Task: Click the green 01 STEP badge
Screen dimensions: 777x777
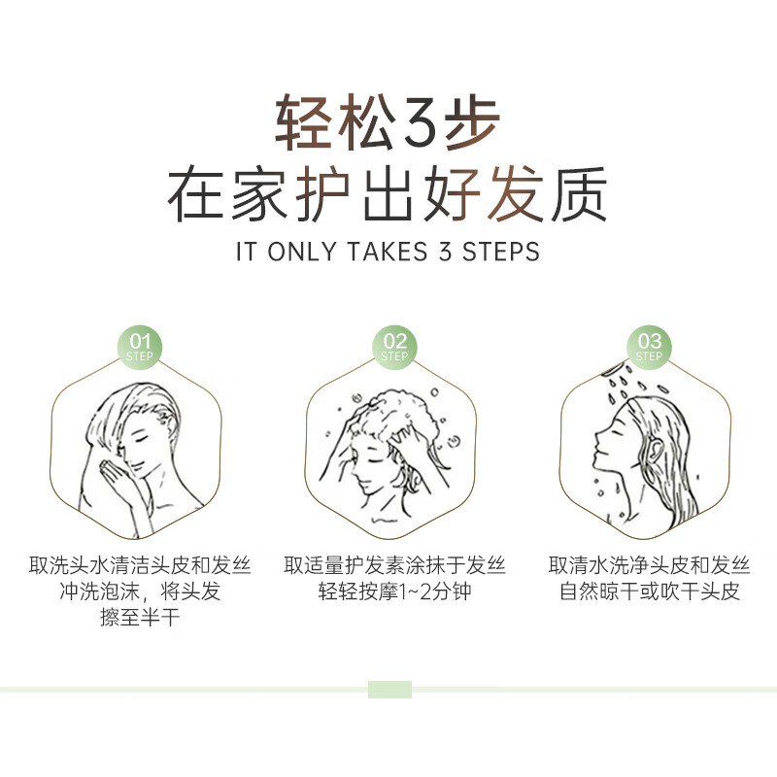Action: coord(141,346)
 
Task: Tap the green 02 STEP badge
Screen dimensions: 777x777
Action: coord(394,346)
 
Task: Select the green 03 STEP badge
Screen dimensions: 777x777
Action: coord(649,346)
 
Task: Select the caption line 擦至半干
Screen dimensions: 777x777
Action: coord(140,618)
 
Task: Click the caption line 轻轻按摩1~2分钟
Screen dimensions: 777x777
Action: coord(394,591)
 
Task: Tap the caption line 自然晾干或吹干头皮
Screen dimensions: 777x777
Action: coord(649,591)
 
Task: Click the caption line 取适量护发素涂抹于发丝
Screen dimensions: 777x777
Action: coord(394,565)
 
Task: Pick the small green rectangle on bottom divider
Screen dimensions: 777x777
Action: coord(389,690)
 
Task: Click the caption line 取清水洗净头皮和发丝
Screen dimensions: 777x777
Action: coord(649,565)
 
